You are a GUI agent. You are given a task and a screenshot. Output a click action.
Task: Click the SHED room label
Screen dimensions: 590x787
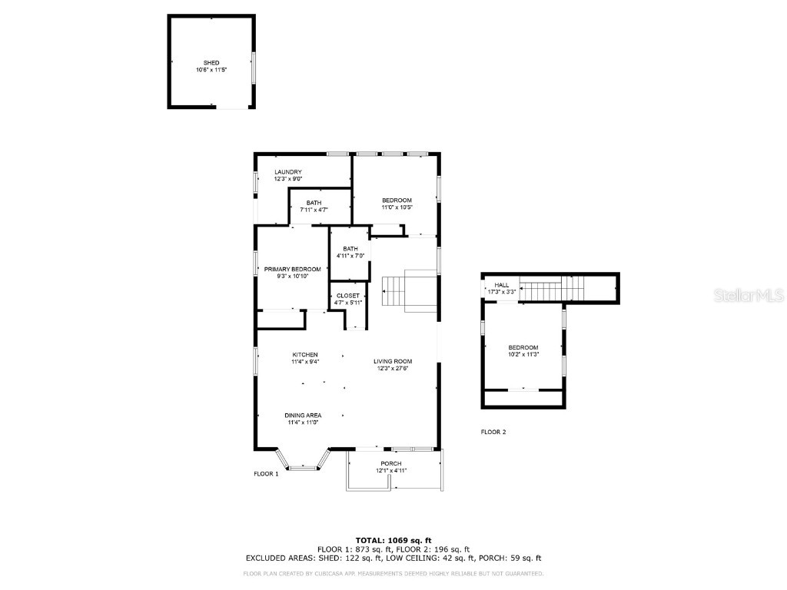[x=211, y=62]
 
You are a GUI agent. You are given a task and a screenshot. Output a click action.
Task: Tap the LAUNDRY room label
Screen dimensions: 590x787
[x=288, y=172]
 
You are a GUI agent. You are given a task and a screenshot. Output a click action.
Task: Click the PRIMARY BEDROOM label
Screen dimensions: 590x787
[x=292, y=269]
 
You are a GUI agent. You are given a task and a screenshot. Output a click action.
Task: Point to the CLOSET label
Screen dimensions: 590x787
[x=348, y=296]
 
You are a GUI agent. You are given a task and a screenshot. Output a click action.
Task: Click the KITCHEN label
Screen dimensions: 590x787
[x=305, y=355]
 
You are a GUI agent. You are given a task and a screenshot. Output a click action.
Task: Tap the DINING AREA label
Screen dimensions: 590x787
[x=304, y=415]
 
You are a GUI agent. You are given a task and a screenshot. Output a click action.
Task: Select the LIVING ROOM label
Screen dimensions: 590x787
[x=393, y=361]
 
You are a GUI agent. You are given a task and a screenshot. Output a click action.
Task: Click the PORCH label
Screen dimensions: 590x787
[x=391, y=463]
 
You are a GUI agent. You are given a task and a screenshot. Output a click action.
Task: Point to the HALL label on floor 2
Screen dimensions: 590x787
[x=501, y=285]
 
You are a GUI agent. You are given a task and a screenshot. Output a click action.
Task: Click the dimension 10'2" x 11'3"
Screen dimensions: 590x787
[x=523, y=354]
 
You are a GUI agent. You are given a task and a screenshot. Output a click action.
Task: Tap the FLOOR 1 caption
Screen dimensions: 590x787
[x=266, y=474]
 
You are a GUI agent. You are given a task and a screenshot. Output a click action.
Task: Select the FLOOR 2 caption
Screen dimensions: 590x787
[x=493, y=432]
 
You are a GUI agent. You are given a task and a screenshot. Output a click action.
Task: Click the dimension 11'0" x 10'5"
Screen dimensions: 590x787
[x=397, y=207]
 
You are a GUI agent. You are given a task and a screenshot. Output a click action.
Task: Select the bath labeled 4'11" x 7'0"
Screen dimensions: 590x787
[x=350, y=253]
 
